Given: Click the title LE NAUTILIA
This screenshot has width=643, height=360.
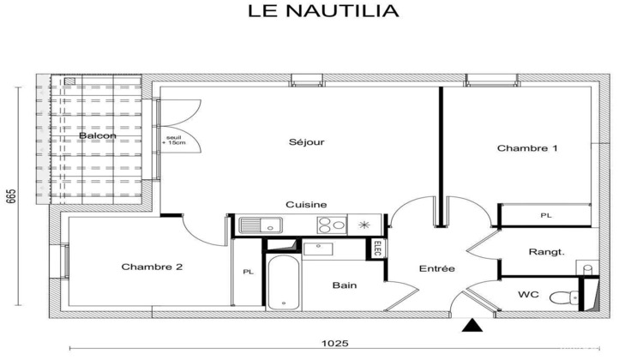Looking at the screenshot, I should point(323,12).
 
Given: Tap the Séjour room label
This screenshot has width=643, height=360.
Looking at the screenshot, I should point(306,142).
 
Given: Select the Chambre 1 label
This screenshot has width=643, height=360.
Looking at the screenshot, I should point(527,148).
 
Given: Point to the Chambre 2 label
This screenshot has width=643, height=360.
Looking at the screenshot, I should point(152,267).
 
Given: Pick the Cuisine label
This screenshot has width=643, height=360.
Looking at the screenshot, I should point(306,205).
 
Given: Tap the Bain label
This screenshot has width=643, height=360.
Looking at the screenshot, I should point(346,285).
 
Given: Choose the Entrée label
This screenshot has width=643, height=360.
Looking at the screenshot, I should point(436,269).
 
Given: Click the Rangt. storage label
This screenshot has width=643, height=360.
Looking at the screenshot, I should point(546,252).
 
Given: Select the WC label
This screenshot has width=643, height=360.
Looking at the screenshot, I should point(528,295).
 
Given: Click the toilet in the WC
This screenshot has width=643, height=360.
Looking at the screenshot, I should point(561,298).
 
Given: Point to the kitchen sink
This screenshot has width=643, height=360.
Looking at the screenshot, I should point(260,226).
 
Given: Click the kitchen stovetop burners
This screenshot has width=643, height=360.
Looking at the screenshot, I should point(332,225).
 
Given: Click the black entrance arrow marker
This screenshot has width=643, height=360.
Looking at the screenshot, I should point(470,325).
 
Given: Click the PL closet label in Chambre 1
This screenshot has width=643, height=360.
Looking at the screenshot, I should point(545,215).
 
